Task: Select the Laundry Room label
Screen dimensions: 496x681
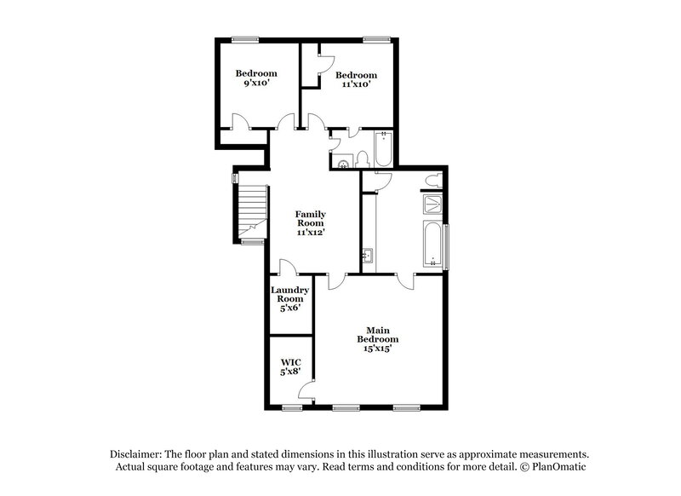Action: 290,294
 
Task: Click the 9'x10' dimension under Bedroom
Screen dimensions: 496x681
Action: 255,84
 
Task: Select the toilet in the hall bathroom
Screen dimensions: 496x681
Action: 362,158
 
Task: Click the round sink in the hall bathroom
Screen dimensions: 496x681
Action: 343,164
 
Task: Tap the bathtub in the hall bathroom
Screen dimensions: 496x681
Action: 382,150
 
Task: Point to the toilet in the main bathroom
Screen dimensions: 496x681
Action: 432,181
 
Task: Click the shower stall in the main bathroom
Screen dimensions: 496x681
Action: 432,205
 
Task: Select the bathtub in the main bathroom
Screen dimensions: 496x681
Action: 432,245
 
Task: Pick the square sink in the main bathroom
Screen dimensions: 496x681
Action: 367,255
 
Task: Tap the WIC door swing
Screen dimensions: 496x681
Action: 308,391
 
